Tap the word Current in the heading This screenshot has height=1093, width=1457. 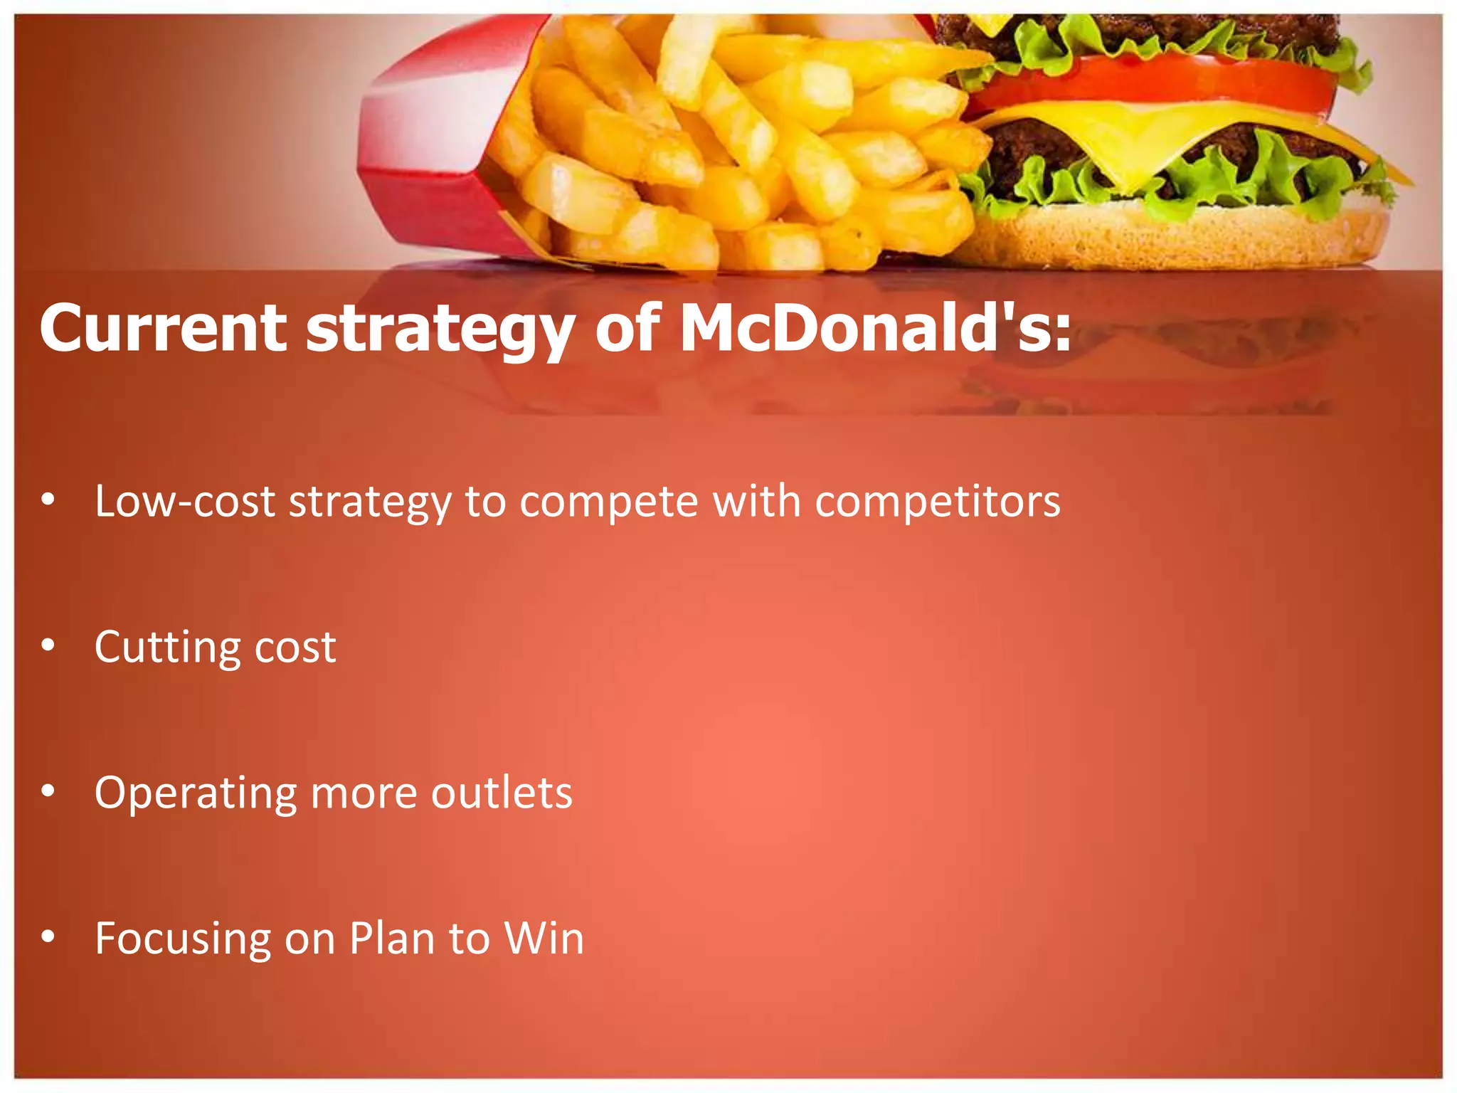tap(163, 329)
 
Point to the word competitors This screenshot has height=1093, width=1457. tap(937, 502)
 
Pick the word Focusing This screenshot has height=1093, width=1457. tap(182, 939)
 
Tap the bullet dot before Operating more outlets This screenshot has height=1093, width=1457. tap(48, 791)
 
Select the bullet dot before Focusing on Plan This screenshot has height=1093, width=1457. tap(48, 936)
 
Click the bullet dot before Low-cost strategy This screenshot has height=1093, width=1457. tap(48, 500)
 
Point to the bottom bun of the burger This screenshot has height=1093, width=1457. tap(1174, 235)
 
